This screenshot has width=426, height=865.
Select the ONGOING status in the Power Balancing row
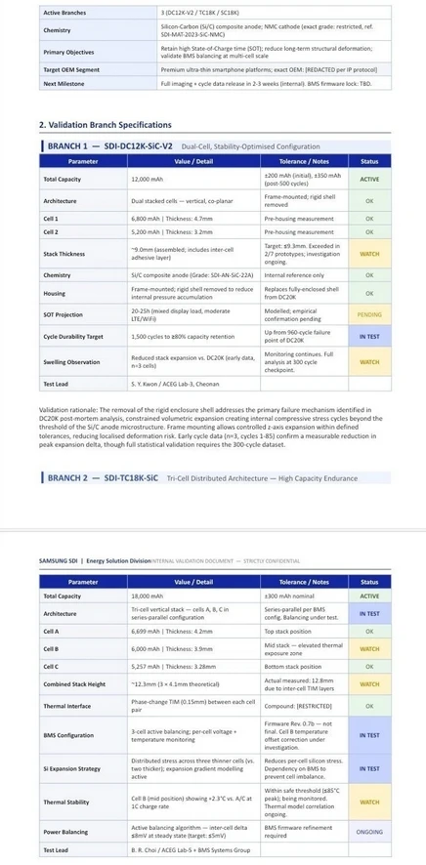pos(369,833)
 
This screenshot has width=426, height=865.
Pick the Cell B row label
pos(51,647)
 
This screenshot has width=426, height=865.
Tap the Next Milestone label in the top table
pos(64,84)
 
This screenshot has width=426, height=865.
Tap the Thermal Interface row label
pos(67,705)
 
